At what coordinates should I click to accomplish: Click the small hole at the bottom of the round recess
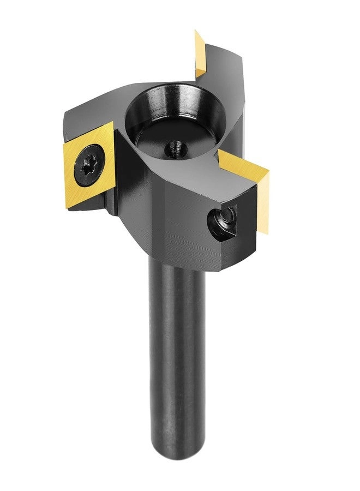point(175,147)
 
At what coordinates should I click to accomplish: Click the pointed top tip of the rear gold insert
point(196,32)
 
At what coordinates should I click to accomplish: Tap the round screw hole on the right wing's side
point(222,221)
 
